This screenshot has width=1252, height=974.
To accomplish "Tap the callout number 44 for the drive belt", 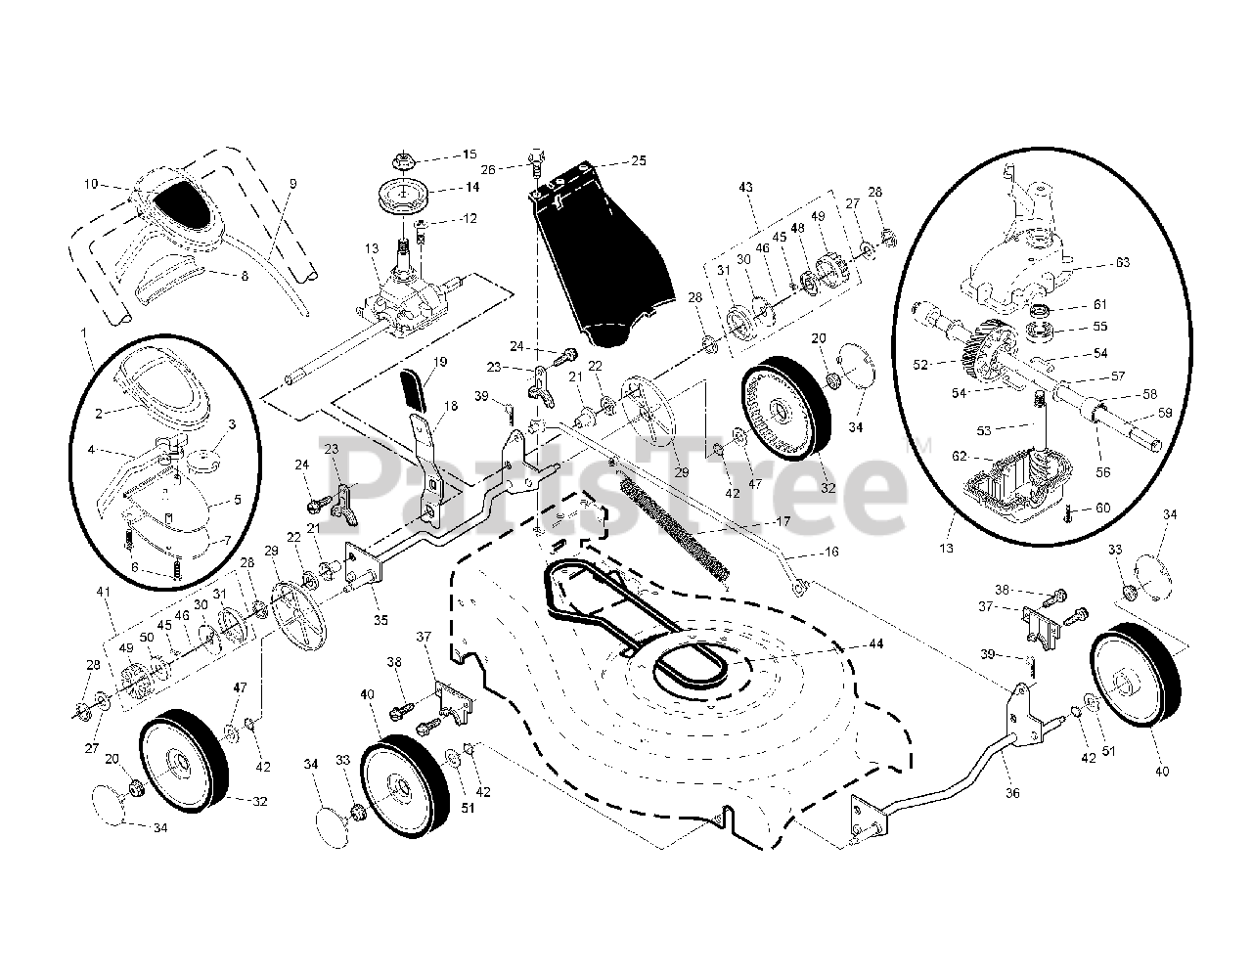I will pyautogui.click(x=875, y=643).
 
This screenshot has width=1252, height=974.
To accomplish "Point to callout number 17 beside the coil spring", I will pyautogui.click(x=782, y=522).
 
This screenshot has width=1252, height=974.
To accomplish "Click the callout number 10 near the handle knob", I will pyautogui.click(x=91, y=183).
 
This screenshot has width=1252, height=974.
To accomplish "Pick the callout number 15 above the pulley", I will pyautogui.click(x=469, y=154).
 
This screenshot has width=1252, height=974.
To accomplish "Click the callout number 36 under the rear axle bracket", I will pyautogui.click(x=1012, y=793).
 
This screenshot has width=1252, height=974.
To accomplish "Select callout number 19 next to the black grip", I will pyautogui.click(x=440, y=362).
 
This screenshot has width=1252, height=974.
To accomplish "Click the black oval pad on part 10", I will pyautogui.click(x=184, y=205).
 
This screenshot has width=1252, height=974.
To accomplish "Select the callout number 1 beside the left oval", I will pyautogui.click(x=86, y=332).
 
